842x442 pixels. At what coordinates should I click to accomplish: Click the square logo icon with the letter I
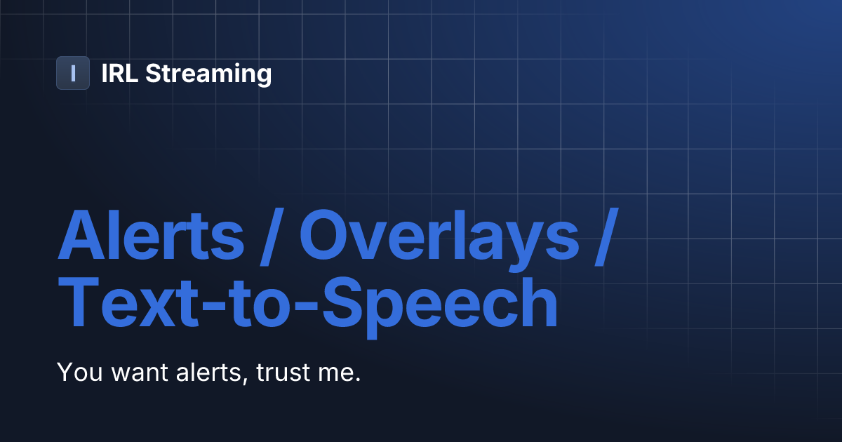73,73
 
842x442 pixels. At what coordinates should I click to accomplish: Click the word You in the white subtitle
79,372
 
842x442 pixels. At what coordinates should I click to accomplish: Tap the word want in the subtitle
134,373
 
